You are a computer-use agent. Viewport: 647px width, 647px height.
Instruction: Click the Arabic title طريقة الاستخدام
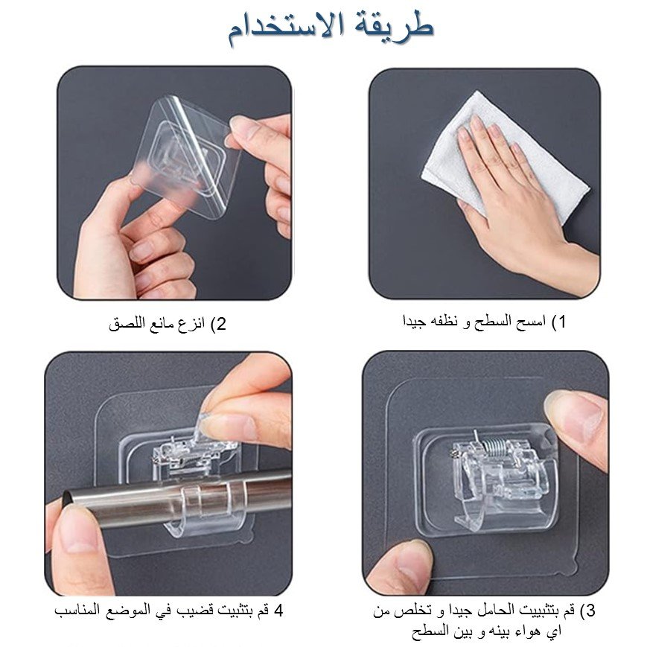point(331,28)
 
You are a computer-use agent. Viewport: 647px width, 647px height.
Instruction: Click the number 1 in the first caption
point(561,322)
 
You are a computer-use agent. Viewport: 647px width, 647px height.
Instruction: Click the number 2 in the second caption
point(222,324)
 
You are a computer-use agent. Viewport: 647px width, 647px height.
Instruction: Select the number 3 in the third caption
point(590,611)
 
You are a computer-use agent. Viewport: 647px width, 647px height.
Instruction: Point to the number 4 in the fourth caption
point(278,611)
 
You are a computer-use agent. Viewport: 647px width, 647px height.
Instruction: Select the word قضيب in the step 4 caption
point(194,611)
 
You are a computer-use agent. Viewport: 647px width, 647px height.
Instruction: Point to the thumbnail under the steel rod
point(77,532)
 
